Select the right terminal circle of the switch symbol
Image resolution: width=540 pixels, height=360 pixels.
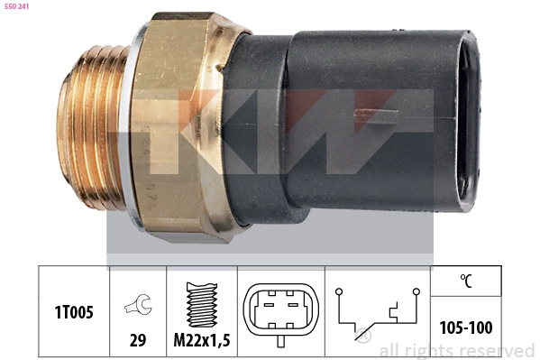(416, 291)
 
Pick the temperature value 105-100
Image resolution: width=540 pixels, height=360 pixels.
(465, 328)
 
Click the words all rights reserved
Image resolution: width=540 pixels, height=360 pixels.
(456, 350)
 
